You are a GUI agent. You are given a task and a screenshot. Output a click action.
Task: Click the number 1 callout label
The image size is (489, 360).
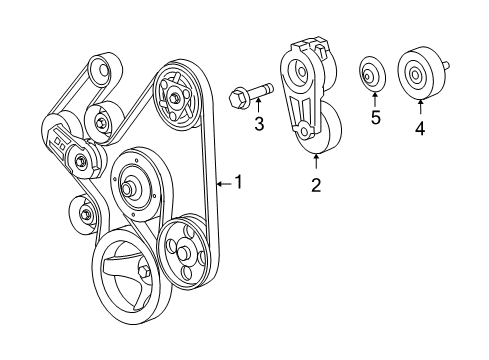[238, 182]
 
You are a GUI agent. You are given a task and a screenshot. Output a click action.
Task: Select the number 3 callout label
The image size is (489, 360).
[258, 124]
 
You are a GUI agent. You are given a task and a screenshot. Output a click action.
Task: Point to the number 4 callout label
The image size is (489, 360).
[420, 128]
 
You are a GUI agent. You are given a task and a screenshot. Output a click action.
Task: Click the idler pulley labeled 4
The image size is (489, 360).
[416, 75]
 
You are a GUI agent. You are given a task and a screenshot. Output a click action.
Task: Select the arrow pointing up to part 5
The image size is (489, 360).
[374, 99]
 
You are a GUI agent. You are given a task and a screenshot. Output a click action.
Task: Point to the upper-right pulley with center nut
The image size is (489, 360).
[176, 96]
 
